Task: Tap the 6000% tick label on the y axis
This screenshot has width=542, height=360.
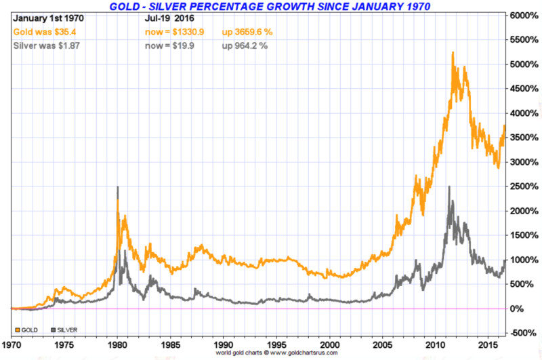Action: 525,16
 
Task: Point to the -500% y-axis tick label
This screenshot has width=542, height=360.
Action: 525,333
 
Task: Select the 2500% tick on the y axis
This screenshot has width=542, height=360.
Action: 525,186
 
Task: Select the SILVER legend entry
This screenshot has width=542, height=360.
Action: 65,329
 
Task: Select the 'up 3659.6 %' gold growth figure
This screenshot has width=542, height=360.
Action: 249,33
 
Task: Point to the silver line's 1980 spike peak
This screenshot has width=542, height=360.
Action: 118,187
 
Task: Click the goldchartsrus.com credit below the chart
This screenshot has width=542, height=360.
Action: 271,353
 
